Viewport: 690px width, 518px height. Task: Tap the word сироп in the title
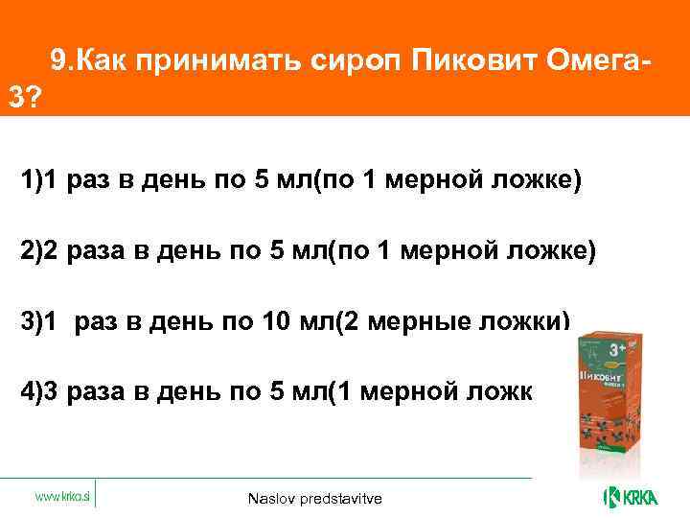tap(352, 62)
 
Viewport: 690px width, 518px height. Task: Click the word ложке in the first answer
tap(541, 181)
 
